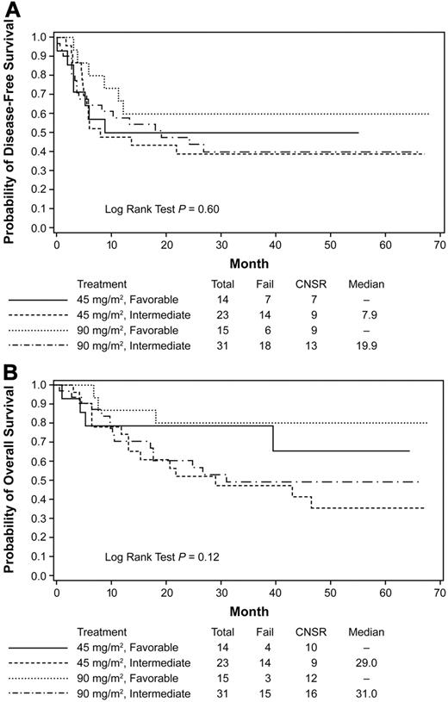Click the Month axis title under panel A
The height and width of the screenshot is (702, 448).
click(247, 263)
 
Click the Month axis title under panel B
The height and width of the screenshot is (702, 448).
click(247, 612)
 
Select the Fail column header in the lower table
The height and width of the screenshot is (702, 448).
click(267, 631)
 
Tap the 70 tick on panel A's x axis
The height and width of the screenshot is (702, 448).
click(439, 245)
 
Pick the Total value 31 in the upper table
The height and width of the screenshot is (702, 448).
click(223, 345)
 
